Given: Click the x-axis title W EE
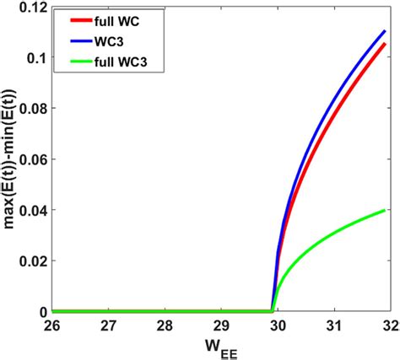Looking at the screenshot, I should click(x=220, y=347).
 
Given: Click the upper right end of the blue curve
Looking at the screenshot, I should click(x=384, y=32).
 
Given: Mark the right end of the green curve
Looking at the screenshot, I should click(x=384, y=210).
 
